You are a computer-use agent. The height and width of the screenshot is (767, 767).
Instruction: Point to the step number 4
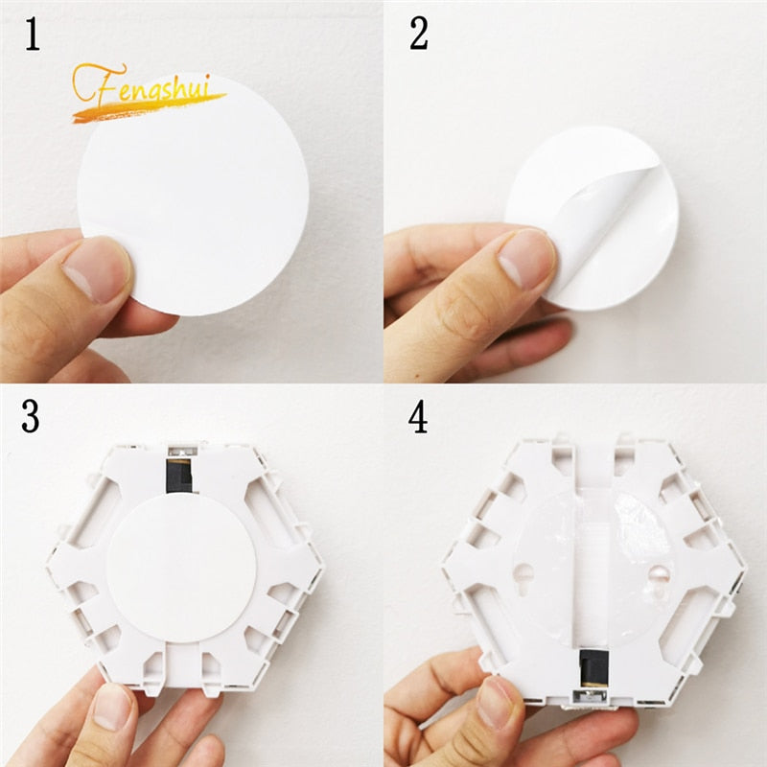pos(418,418)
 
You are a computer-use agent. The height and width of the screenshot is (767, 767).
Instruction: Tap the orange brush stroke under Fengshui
pos(144,106)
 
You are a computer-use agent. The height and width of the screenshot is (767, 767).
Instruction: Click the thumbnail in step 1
pos(96,268)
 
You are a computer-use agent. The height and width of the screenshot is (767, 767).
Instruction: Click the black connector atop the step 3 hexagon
pos(178,474)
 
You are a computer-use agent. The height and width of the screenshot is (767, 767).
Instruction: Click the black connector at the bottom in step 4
pos(587,662)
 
